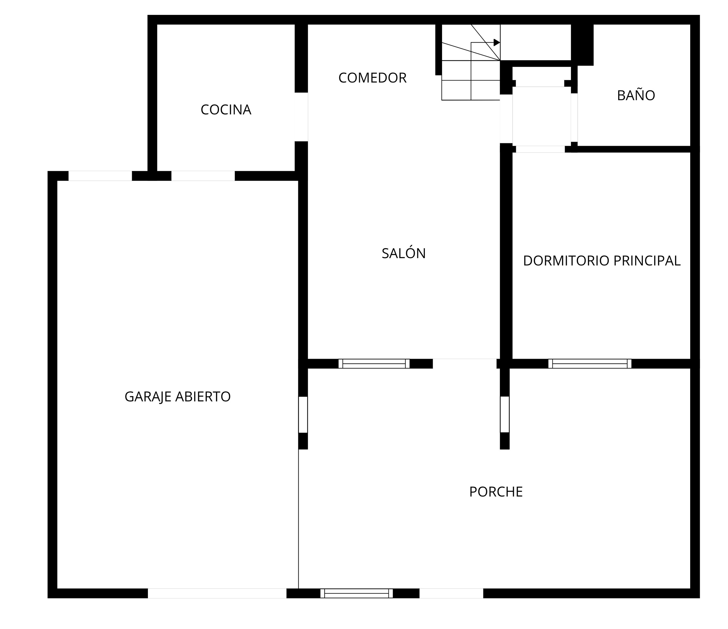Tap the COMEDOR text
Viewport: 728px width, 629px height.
372,78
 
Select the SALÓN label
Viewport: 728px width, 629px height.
404,253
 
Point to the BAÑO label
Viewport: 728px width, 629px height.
636,95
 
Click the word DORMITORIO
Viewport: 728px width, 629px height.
566,261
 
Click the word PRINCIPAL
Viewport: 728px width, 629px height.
647,261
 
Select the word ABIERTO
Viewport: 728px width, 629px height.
203,397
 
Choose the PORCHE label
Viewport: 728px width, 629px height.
496,492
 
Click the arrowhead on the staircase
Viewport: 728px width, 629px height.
497,42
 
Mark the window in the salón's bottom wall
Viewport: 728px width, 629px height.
374,364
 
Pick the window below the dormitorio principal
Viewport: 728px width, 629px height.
590,364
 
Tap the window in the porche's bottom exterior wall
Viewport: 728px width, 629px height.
357,593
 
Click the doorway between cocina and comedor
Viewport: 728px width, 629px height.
301,117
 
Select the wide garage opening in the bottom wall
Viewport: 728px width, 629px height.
217,593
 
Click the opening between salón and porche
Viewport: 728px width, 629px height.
464,364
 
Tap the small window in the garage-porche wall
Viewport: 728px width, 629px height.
303,414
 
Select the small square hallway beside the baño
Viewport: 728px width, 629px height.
541,116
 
